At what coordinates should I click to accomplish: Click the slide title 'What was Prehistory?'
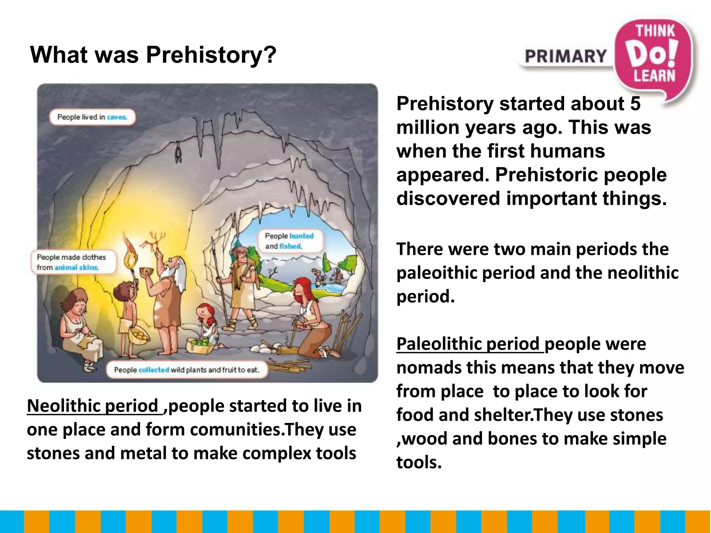point(153,55)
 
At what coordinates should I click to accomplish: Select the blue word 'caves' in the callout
point(117,117)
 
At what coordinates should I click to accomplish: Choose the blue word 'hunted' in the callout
point(301,236)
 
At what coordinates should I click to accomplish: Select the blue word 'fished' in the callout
point(290,246)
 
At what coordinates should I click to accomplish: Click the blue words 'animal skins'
point(76,268)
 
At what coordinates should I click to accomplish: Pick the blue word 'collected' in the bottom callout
point(153,370)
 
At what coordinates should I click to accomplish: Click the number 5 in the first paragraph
point(635,104)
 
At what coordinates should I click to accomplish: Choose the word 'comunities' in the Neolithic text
point(235,430)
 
